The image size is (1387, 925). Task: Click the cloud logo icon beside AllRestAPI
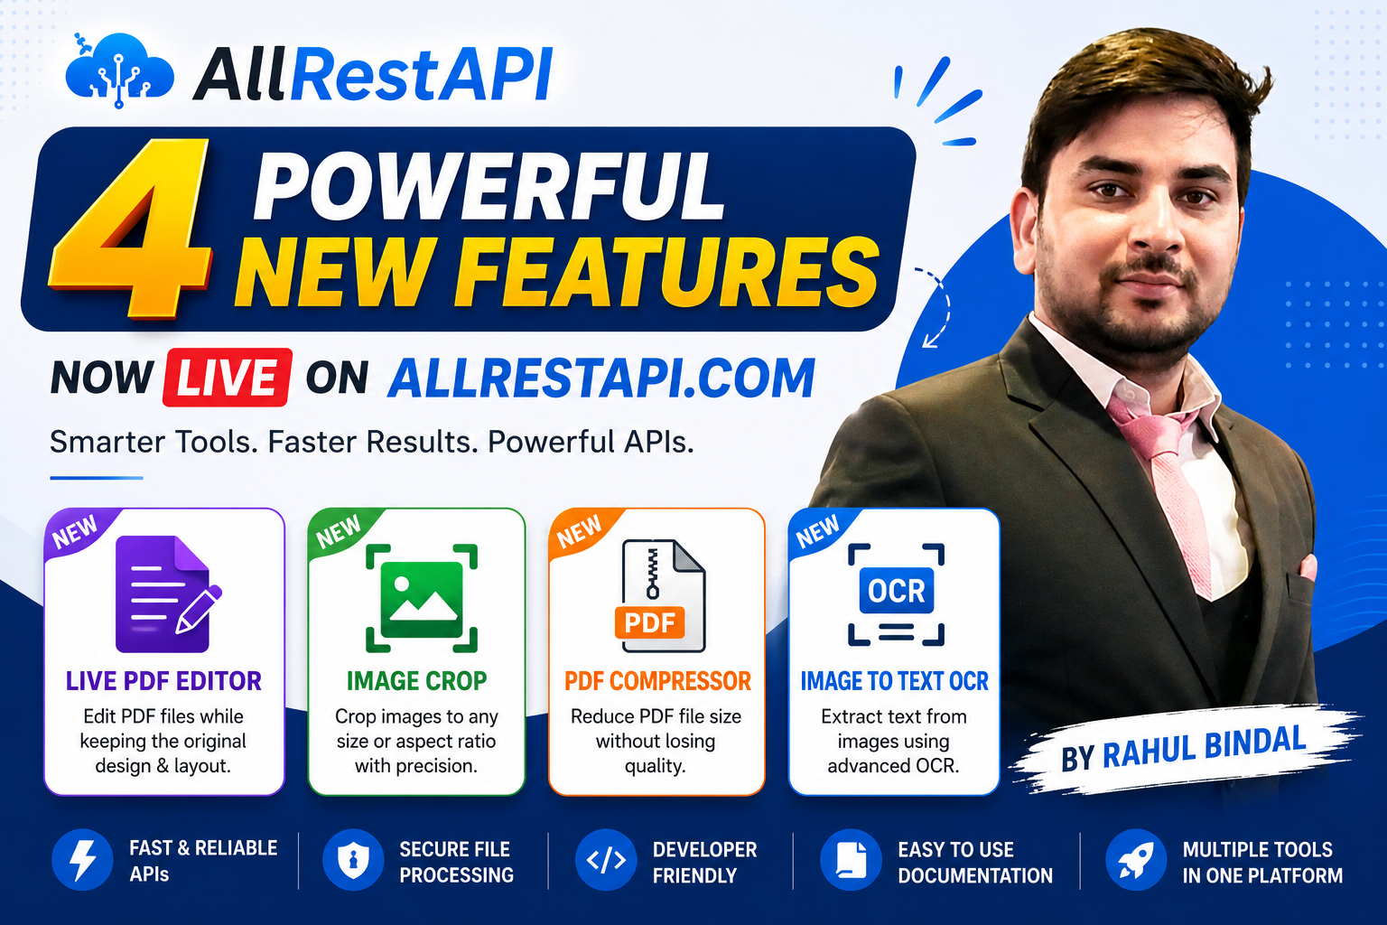pos(119,70)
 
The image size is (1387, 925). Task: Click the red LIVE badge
pos(228,378)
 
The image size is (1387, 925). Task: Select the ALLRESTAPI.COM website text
pos(601,378)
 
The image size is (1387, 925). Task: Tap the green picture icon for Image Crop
pos(422,598)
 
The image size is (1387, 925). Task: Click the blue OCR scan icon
pos(896,594)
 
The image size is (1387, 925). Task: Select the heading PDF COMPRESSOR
pos(657,681)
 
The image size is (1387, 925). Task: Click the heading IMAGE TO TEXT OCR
pos(894,681)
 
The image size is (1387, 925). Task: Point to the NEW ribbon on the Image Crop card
pos(340,531)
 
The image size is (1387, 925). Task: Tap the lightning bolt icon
pos(82,860)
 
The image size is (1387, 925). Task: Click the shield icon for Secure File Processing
pos(354,860)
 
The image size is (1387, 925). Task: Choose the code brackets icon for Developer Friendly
pos(606,860)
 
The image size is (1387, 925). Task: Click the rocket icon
pos(1136,860)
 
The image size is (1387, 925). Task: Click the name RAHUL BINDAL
pos(1205,748)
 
